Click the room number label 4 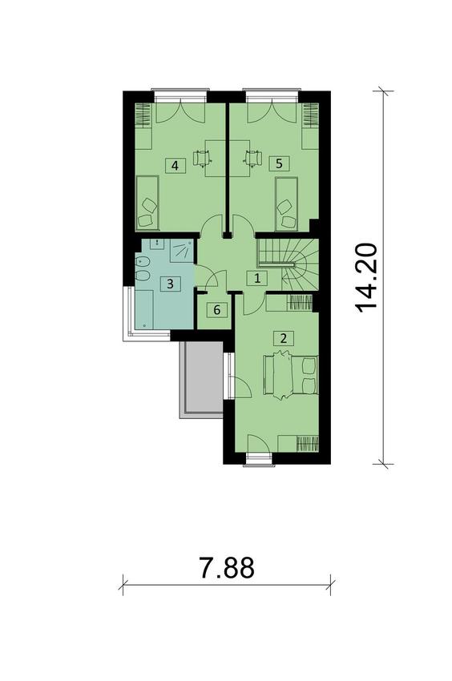pyautogui.click(x=175, y=166)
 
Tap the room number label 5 pyautogui.click(x=279, y=163)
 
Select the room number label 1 pyautogui.click(x=257, y=278)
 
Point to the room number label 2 pyautogui.click(x=284, y=338)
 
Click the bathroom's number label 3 pyautogui.click(x=170, y=284)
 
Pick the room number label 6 pyautogui.click(x=217, y=310)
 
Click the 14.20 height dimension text pyautogui.click(x=366, y=278)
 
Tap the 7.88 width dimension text pyautogui.click(x=227, y=568)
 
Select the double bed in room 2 pyautogui.click(x=291, y=374)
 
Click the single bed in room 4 pyautogui.click(x=147, y=203)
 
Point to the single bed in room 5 pyautogui.click(x=286, y=203)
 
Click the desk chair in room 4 pyautogui.click(x=203, y=157)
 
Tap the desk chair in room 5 pyautogui.click(x=253, y=157)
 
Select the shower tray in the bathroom pyautogui.click(x=181, y=251)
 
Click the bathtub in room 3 pyautogui.click(x=144, y=310)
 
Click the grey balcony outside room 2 pyautogui.click(x=202, y=379)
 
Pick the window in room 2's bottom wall pyautogui.click(x=259, y=460)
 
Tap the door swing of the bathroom pyautogui.click(x=212, y=278)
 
